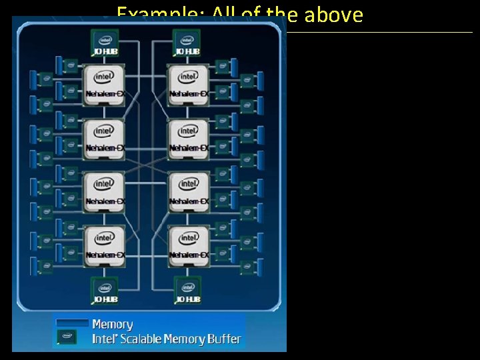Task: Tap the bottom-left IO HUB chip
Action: tap(104, 290)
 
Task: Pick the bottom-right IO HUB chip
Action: tap(187, 290)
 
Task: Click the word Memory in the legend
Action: tap(112, 325)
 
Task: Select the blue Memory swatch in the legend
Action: tap(72, 323)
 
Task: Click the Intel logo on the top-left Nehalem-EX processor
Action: tap(104, 76)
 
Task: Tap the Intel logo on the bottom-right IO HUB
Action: tap(187, 287)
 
